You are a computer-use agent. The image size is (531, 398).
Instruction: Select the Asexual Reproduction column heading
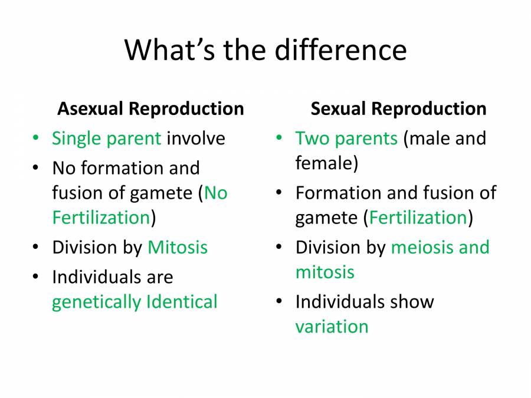click(x=150, y=109)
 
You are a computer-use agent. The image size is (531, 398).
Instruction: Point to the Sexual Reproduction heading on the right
click(x=398, y=109)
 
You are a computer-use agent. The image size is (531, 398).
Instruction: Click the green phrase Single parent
click(x=106, y=139)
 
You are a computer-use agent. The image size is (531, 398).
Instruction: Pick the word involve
click(x=196, y=139)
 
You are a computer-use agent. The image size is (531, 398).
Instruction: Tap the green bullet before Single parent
click(x=37, y=139)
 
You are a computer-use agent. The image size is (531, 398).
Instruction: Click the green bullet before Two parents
click(x=280, y=139)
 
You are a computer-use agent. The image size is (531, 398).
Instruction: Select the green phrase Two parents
click(x=346, y=139)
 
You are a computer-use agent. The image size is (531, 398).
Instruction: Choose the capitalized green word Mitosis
click(x=178, y=247)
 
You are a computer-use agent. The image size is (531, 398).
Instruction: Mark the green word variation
click(x=332, y=327)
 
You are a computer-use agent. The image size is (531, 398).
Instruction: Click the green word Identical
click(x=182, y=302)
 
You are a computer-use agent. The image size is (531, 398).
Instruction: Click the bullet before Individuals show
click(x=280, y=302)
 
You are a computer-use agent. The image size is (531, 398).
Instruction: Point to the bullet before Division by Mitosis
click(x=37, y=248)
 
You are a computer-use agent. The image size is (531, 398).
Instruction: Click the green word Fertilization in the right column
click(x=418, y=218)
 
